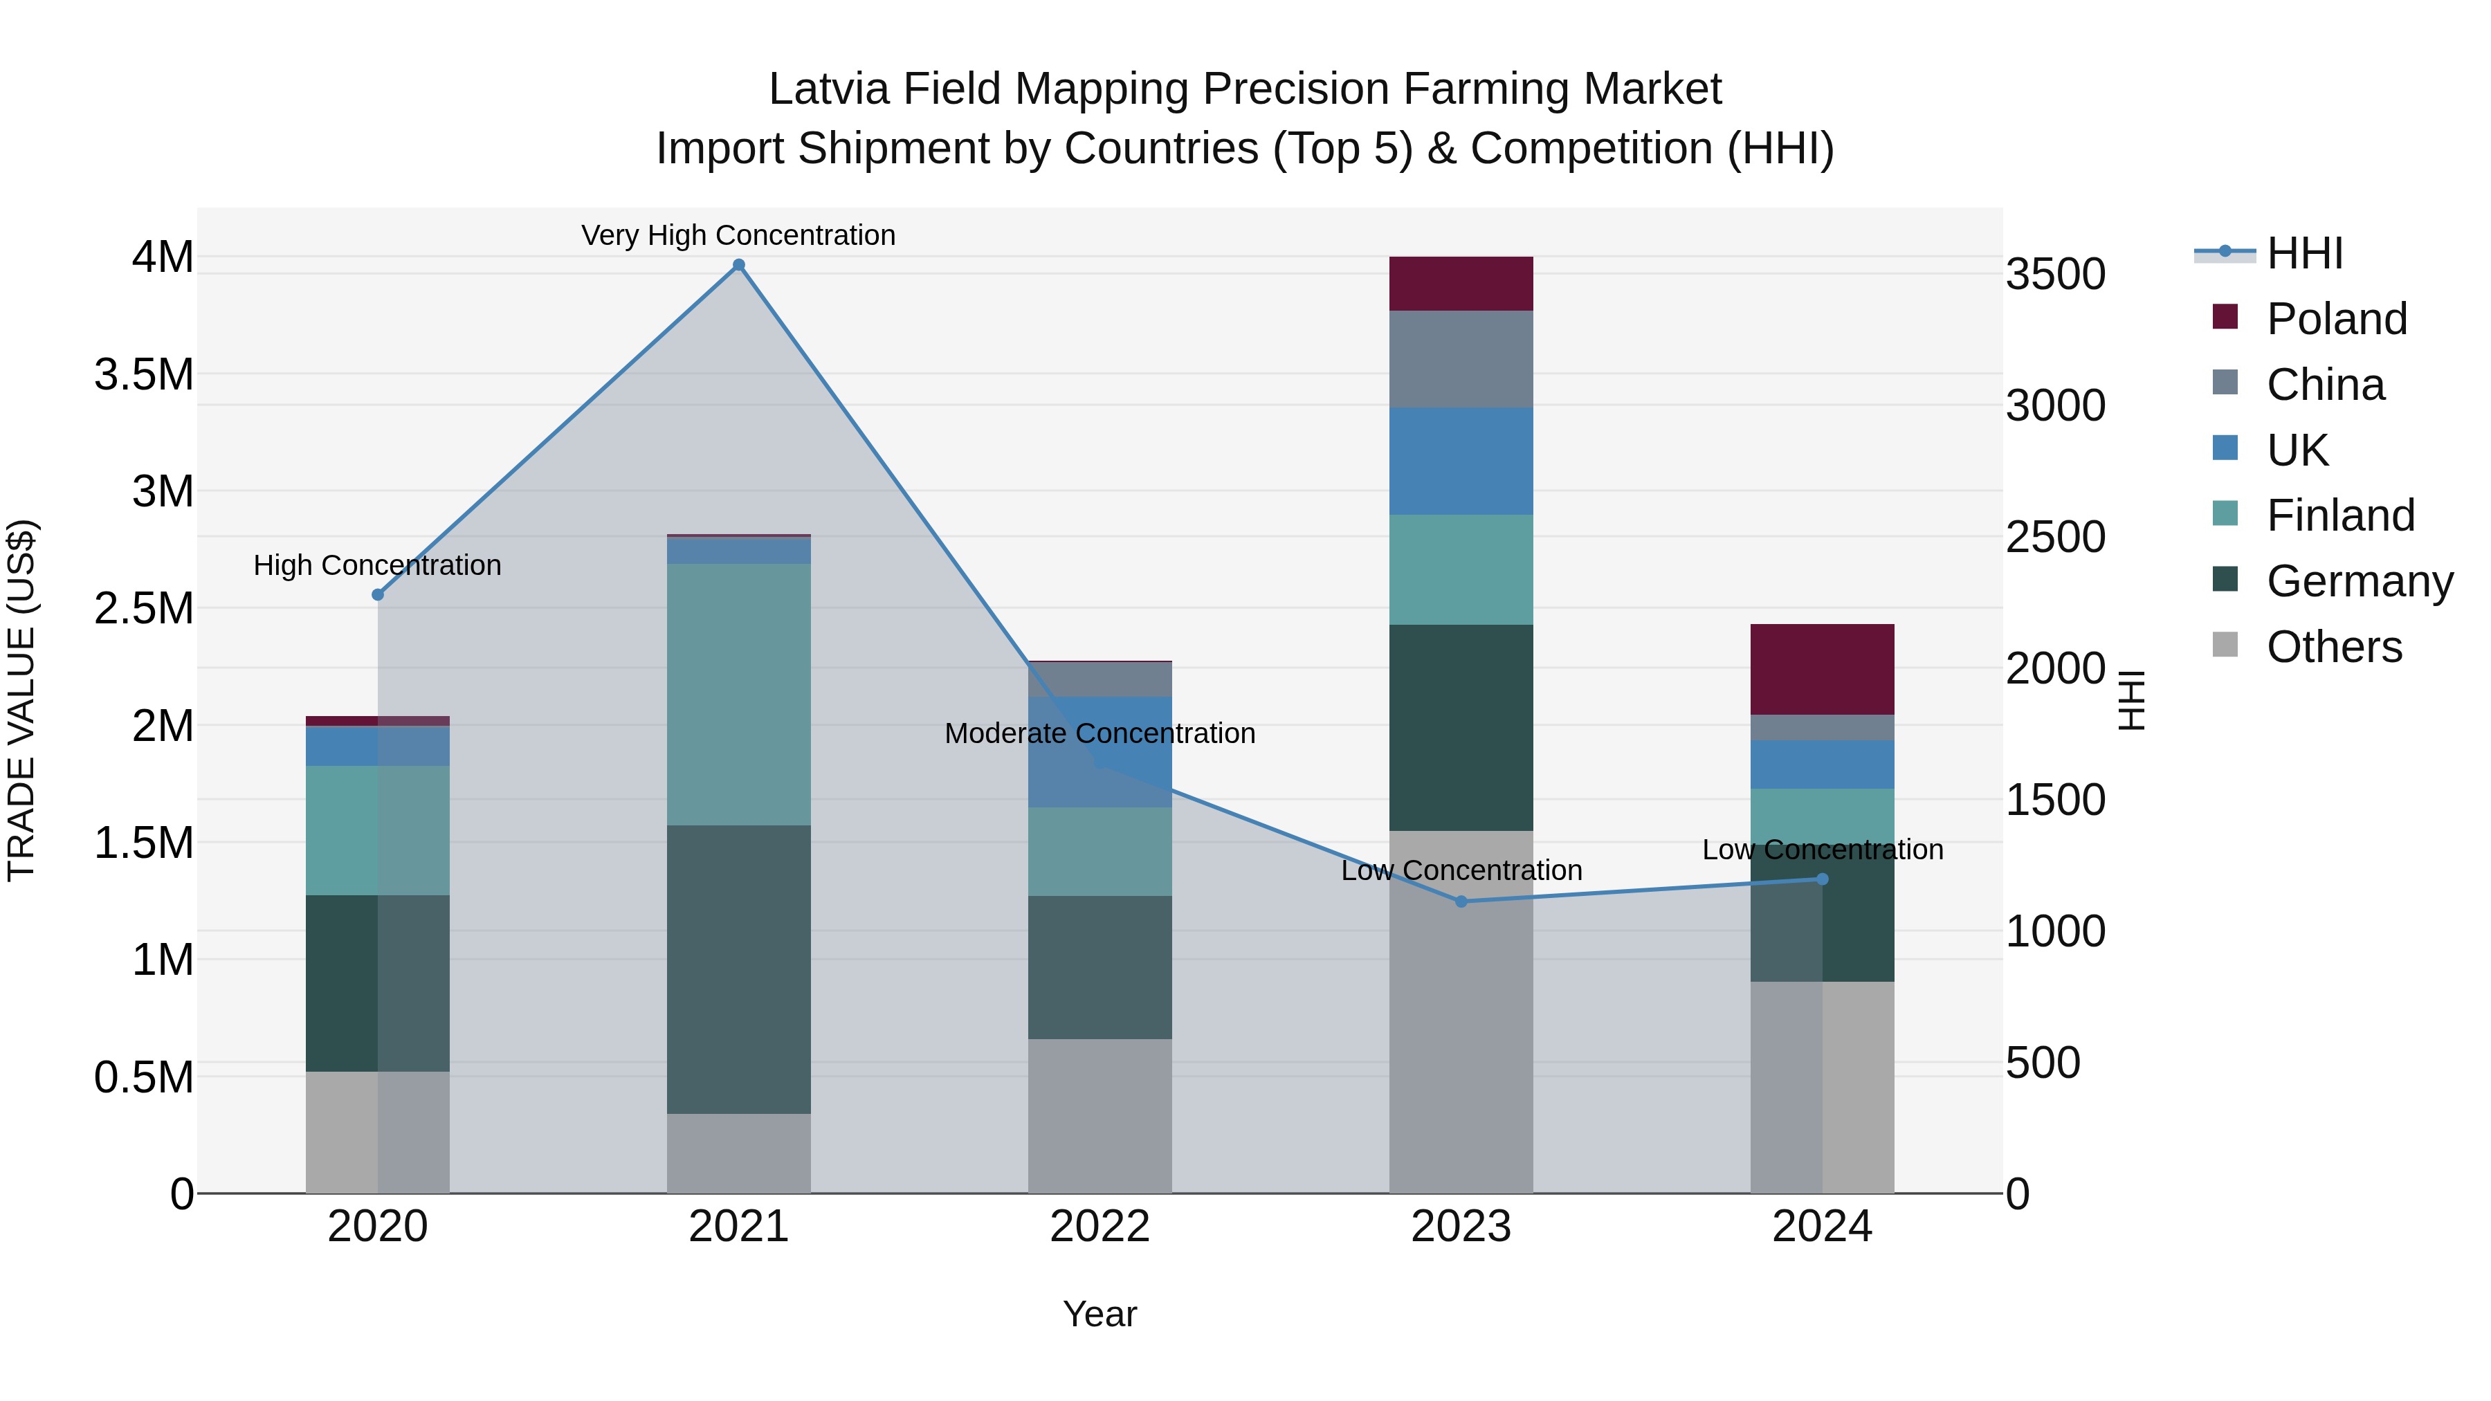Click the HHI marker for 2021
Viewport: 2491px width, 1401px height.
coord(739,265)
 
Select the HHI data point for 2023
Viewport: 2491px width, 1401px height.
coord(1461,901)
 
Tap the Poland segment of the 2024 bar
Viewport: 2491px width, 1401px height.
coord(1822,669)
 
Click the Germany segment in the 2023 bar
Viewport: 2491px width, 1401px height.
coord(1461,727)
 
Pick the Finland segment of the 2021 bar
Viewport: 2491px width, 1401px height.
coord(739,694)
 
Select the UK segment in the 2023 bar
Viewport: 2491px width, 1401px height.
coord(1461,460)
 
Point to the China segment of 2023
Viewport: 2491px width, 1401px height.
coord(1461,358)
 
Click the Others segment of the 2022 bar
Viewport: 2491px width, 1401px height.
coord(1099,1116)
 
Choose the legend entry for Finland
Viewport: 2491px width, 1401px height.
coord(2340,515)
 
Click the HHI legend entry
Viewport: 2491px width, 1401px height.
coord(2304,253)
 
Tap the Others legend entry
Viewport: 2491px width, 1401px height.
coord(2333,647)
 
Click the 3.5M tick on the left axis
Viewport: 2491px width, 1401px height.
coord(144,374)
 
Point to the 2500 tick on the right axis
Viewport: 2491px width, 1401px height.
coord(2055,537)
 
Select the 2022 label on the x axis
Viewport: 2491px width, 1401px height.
coord(1099,1227)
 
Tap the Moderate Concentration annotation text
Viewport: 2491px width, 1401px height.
coord(1099,733)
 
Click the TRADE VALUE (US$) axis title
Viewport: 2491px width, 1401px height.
coord(22,700)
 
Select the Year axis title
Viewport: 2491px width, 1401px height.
coord(1099,1314)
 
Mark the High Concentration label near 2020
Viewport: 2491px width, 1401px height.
coord(377,565)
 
